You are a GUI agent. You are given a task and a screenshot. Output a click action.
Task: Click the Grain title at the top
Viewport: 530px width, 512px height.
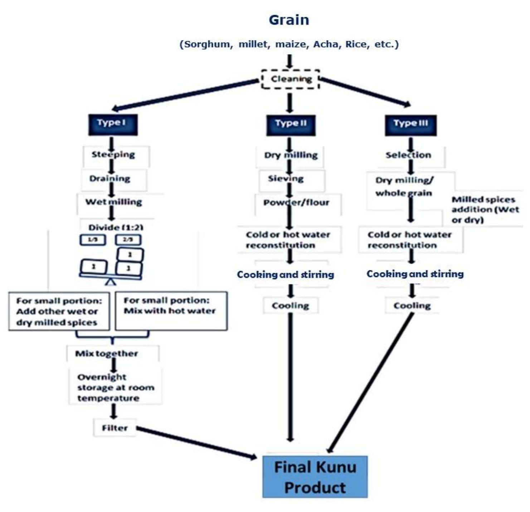289,20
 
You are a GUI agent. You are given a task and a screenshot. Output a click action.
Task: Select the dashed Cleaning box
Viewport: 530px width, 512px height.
291,79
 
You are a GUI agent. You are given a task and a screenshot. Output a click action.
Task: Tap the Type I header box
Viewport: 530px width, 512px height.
113,124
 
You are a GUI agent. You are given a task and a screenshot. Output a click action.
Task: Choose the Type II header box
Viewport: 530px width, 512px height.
291,125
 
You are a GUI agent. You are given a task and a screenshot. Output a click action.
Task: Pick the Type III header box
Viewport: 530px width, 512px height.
410,125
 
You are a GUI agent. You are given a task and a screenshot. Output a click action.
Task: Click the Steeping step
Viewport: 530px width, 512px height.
113,155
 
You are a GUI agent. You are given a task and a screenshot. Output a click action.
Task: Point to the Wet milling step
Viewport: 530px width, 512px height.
113,202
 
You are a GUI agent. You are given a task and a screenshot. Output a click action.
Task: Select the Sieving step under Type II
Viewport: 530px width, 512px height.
286,179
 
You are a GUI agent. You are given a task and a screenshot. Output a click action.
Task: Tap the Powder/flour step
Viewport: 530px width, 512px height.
296,203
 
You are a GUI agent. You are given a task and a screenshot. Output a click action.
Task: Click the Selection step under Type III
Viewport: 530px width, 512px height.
408,155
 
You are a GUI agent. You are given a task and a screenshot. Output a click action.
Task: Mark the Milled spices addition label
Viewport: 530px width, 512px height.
485,209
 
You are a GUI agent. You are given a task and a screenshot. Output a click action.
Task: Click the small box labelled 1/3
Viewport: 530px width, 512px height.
93,240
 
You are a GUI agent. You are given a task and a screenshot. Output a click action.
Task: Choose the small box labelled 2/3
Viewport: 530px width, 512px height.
128,240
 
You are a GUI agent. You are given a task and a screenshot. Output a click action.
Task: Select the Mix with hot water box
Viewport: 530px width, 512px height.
171,310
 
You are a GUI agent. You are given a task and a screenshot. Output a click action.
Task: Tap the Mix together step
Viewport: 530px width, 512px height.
107,354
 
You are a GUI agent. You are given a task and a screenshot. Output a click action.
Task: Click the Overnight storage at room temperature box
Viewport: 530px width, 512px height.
116,388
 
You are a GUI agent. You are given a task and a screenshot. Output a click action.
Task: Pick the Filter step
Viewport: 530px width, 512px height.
115,428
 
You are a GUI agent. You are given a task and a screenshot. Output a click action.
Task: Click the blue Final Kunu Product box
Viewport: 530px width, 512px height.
315,477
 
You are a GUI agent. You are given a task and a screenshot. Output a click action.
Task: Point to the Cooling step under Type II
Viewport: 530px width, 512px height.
291,306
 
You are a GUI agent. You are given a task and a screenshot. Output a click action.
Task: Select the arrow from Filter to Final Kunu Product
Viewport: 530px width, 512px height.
197,443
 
